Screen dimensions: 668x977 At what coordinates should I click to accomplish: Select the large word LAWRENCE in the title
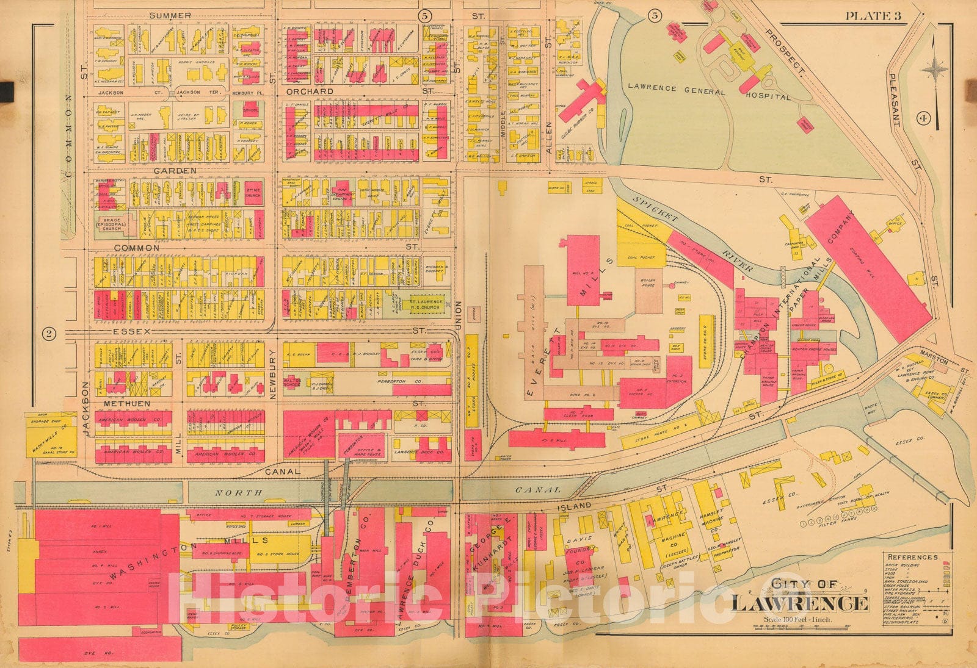(800, 603)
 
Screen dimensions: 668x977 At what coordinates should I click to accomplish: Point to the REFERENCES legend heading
(912, 557)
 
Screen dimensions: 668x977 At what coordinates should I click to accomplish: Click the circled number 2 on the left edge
(49, 333)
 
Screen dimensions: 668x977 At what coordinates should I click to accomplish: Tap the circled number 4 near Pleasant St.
(922, 120)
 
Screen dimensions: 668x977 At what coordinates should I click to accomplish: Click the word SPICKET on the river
(656, 209)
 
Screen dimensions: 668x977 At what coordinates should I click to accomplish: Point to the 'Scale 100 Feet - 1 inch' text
(799, 620)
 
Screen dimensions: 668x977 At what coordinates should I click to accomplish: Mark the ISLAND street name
(573, 506)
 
